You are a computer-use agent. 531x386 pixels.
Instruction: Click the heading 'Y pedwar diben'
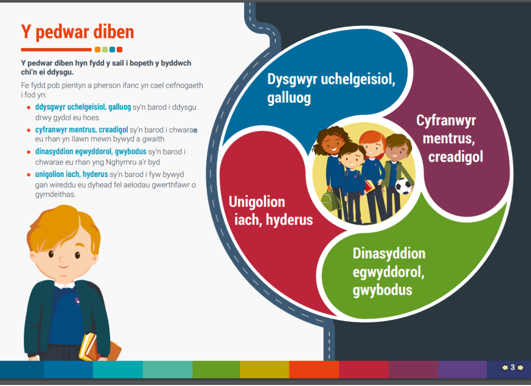point(78,32)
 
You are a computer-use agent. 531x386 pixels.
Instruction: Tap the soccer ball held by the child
point(403,186)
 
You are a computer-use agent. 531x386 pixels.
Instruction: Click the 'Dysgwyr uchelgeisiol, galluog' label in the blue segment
point(331,88)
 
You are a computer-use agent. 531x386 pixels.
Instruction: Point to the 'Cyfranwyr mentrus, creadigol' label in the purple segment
point(450,138)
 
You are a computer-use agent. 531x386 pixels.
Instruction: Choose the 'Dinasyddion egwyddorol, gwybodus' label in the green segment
point(389,272)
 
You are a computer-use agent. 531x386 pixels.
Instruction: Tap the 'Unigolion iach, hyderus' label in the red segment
point(271,210)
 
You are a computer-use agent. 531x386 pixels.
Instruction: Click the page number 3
point(512,367)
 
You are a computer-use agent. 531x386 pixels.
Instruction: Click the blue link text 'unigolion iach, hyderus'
point(72,174)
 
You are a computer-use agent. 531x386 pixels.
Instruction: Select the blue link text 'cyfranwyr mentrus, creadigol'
point(81,129)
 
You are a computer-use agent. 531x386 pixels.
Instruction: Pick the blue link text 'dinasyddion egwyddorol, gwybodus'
point(91,152)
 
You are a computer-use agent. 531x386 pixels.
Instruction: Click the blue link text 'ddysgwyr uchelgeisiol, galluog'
point(83,107)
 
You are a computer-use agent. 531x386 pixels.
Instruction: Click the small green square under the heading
point(105,50)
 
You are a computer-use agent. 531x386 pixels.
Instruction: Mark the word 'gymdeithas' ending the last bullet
point(55,194)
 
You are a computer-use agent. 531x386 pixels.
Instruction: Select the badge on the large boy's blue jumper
point(77,300)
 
